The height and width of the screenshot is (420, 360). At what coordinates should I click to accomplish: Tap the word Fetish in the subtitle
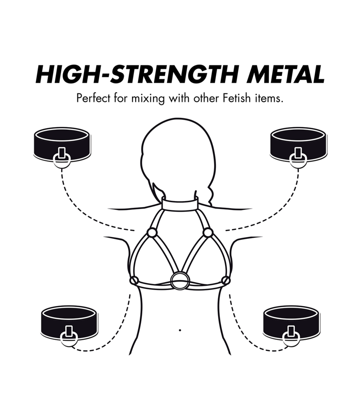pos(241,98)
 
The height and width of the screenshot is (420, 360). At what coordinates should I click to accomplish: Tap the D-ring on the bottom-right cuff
pos(291,338)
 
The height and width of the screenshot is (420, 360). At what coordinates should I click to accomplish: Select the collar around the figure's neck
pos(181,204)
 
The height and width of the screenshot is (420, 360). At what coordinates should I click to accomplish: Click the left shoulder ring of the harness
pos(152,232)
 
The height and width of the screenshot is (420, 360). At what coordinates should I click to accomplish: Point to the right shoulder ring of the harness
pos(207,232)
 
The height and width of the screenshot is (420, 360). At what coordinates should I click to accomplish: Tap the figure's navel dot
pos(180,330)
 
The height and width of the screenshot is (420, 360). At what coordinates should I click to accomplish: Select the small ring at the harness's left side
pos(134,280)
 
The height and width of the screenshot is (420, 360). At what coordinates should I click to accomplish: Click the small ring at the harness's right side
pos(225,280)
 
